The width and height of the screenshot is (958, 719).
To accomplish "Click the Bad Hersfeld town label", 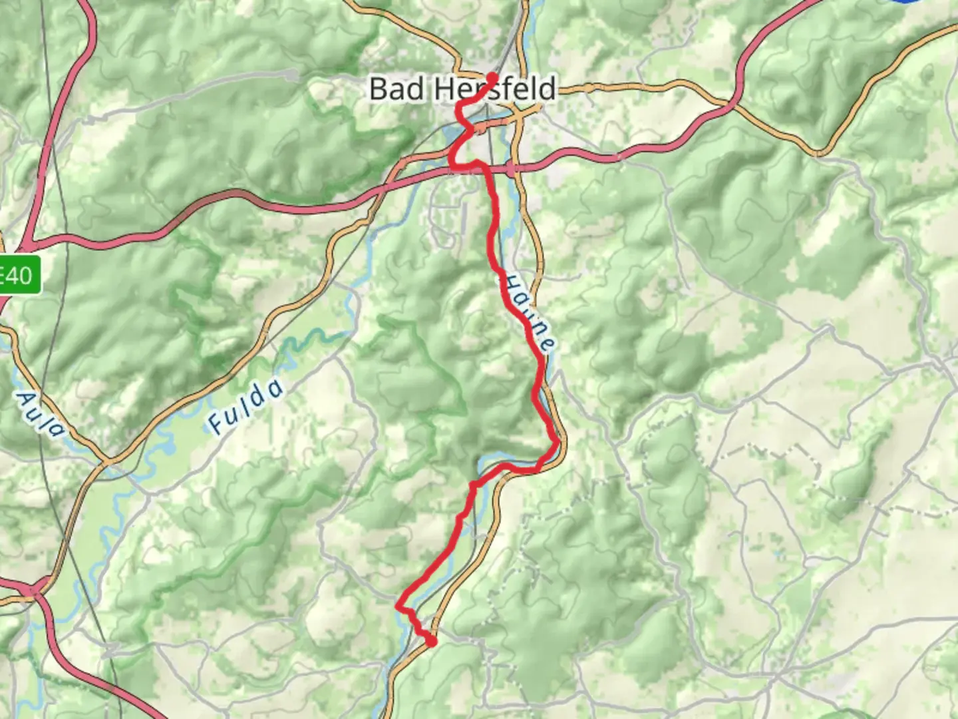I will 462,89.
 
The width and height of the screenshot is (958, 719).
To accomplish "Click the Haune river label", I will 528,313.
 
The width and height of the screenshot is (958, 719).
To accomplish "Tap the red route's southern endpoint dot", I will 432,642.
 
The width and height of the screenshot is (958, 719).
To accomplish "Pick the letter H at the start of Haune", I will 509,282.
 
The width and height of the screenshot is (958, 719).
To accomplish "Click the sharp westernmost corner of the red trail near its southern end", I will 398,606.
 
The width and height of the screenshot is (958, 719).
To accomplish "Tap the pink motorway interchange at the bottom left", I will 32,590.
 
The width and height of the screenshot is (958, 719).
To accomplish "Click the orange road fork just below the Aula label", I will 106,461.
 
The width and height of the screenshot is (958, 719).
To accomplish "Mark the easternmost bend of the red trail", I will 557,441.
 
